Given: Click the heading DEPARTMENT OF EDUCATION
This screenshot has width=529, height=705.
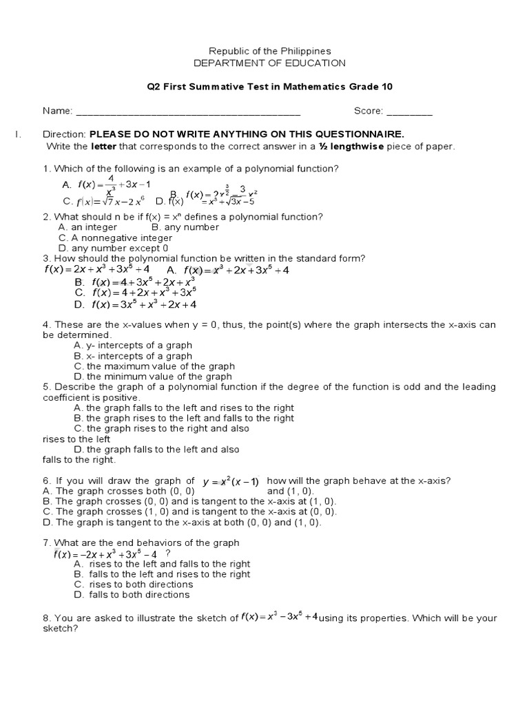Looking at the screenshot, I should tap(269, 63).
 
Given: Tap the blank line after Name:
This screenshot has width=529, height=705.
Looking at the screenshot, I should tap(187, 112).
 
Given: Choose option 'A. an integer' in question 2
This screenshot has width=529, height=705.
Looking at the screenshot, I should tap(88, 227).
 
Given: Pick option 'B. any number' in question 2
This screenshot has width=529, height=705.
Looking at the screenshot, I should tap(185, 227).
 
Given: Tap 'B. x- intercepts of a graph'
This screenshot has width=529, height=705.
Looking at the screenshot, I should tap(133, 356).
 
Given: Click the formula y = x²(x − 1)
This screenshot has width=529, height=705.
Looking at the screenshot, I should tap(231, 482).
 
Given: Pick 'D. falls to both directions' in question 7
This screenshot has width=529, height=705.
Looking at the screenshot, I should tap(132, 594).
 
